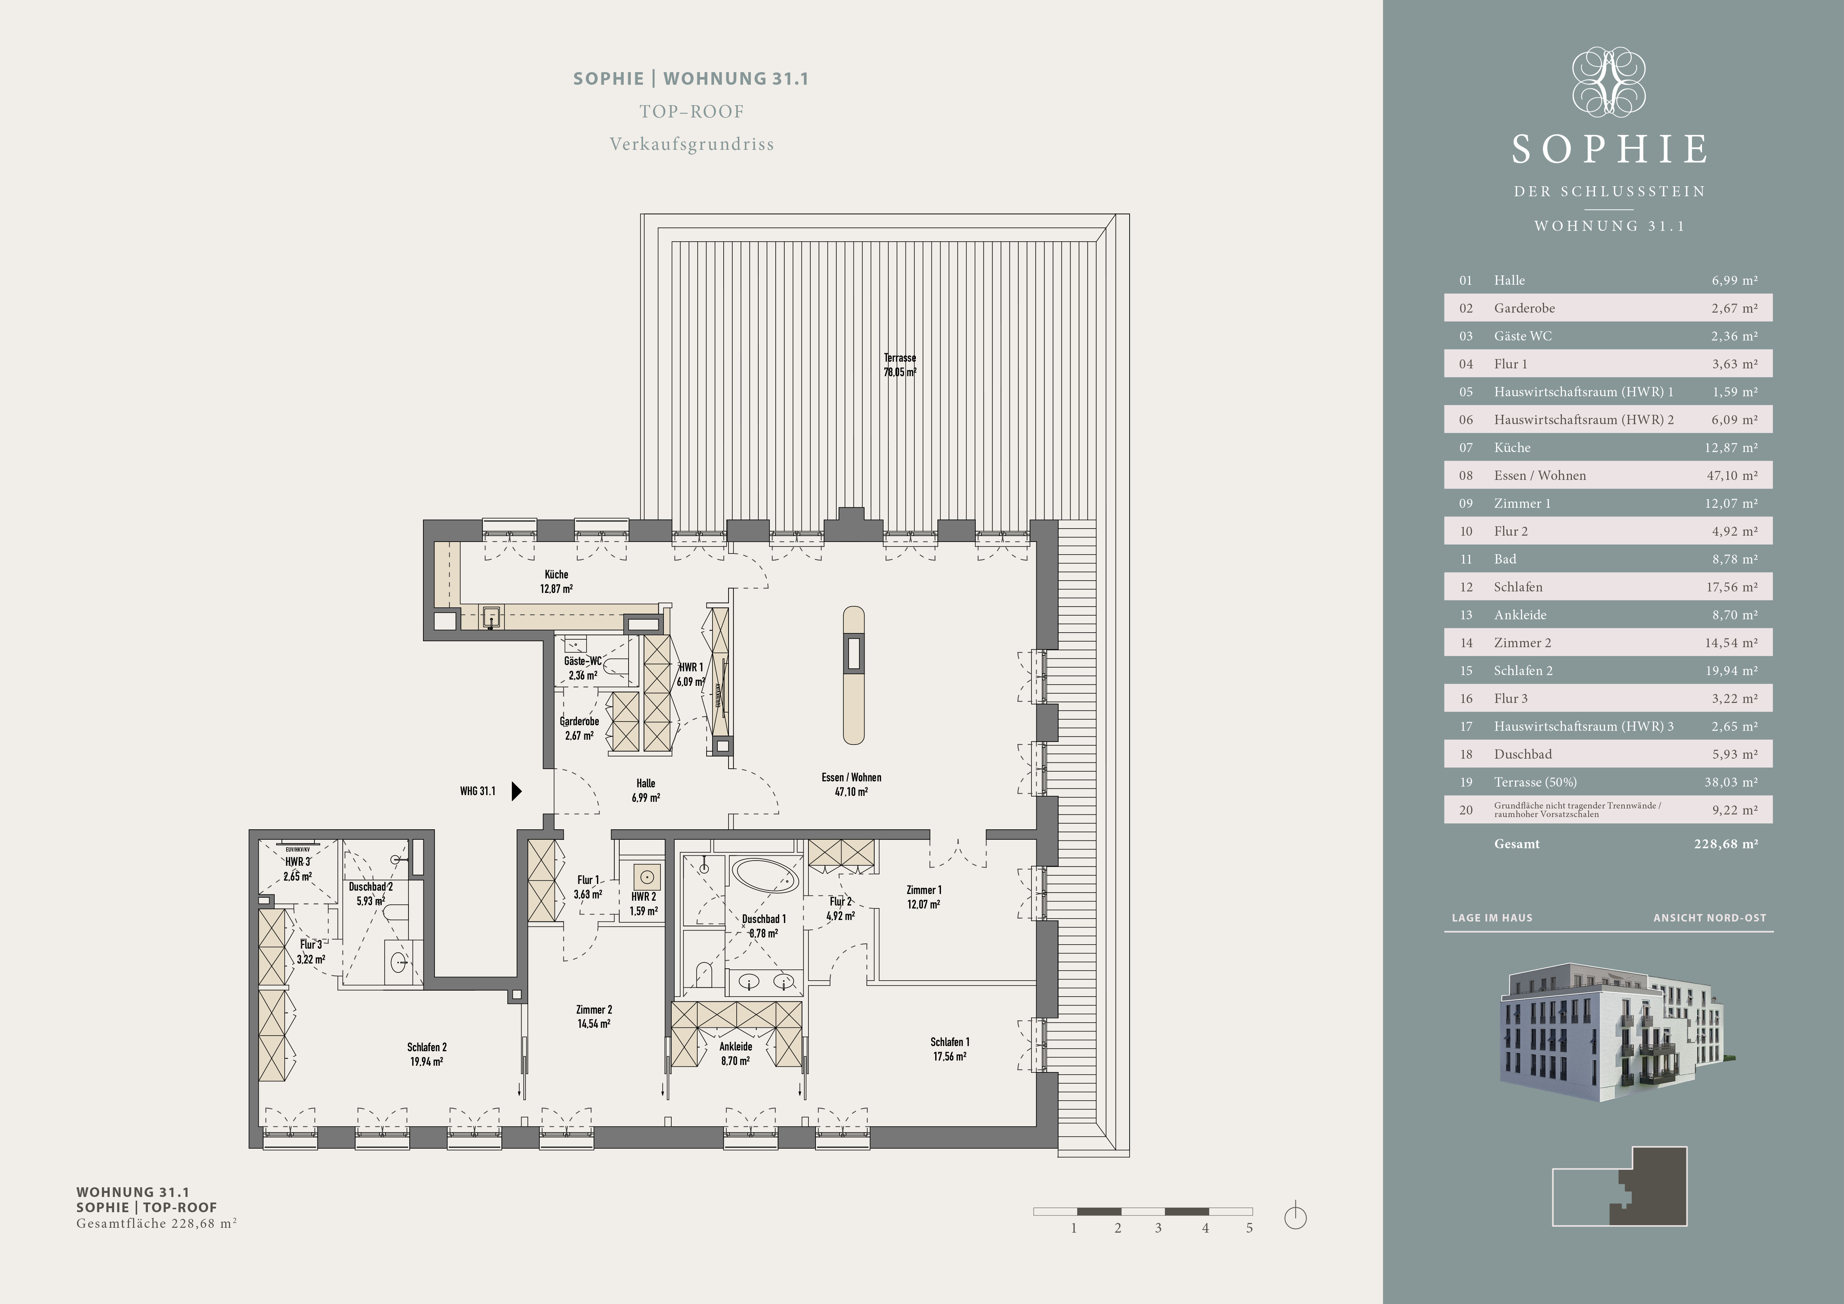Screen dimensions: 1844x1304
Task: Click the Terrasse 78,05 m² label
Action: tap(900, 365)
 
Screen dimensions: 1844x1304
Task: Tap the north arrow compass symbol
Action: tap(1295, 1217)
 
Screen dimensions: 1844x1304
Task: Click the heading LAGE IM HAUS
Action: tap(1491, 918)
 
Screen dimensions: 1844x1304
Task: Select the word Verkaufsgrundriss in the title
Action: tap(691, 145)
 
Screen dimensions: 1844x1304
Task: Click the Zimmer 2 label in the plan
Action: tap(594, 1017)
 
